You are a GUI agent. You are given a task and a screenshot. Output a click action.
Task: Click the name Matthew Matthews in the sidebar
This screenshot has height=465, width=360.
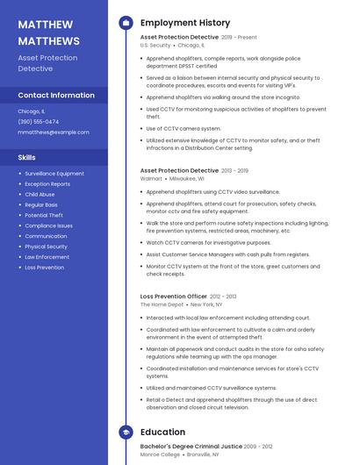pos(49,32)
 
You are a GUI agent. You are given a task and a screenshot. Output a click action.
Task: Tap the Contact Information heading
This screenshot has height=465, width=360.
pos(56,95)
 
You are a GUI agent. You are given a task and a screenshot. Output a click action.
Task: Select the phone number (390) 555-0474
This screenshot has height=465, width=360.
pos(39,122)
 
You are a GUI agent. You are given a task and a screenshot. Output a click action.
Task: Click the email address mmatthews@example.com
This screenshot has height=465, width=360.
pos(54,132)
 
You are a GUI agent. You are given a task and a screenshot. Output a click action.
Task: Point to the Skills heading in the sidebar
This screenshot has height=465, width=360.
pos(27,157)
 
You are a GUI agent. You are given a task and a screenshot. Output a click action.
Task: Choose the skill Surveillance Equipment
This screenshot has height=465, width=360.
pos(54,174)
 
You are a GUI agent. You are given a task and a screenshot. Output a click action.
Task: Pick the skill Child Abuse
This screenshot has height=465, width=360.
pos(40,195)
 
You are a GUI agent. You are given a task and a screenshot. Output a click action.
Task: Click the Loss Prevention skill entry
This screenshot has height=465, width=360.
pos(44,268)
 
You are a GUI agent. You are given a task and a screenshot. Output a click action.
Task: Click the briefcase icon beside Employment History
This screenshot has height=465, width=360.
pos(126,23)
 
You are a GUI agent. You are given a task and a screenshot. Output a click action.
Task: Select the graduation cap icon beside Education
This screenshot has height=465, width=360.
pos(126,433)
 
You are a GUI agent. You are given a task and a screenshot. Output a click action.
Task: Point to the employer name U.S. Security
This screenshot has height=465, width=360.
pos(155,45)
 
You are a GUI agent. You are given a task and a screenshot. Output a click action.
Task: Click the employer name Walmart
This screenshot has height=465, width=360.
pos(151,178)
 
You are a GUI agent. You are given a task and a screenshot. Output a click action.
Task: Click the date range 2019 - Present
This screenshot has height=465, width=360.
pos(240,38)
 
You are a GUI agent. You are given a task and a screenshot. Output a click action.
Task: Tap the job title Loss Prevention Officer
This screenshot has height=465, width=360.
pos(174,297)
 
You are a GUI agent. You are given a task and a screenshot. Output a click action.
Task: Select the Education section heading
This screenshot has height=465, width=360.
pos(162,433)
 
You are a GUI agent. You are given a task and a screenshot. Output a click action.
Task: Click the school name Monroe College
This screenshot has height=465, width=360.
pos(159,455)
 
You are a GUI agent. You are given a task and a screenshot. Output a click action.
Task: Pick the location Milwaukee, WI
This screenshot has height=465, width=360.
pos(187,178)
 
